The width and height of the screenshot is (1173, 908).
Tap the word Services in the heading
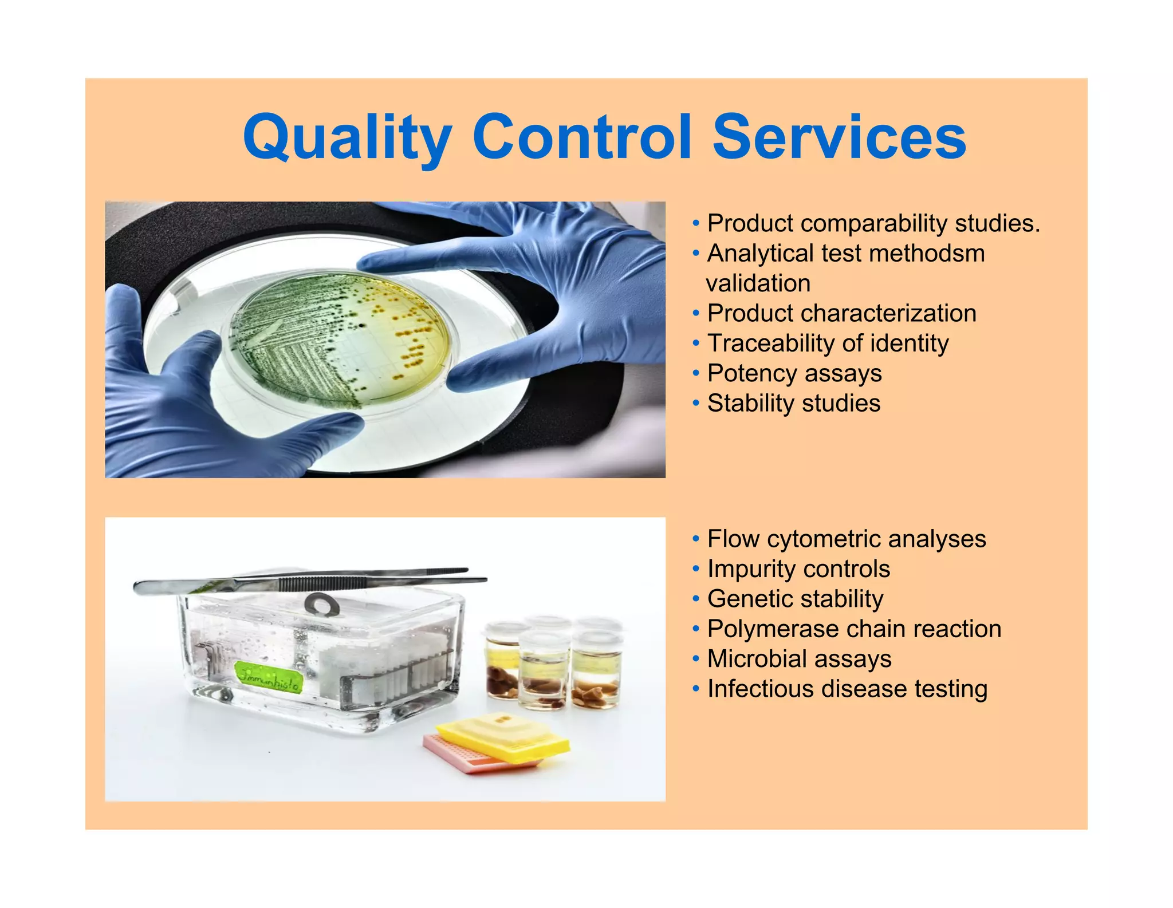[839, 137]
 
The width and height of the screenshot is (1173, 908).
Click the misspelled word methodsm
[928, 254]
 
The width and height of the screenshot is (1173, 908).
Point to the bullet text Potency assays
[794, 373]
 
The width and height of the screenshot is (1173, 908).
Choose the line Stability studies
[793, 403]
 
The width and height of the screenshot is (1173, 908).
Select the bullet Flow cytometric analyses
[846, 539]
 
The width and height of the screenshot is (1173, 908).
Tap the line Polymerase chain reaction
[853, 629]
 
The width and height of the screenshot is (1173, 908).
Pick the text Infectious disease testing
[847, 689]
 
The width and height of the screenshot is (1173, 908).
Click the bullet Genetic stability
[795, 599]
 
